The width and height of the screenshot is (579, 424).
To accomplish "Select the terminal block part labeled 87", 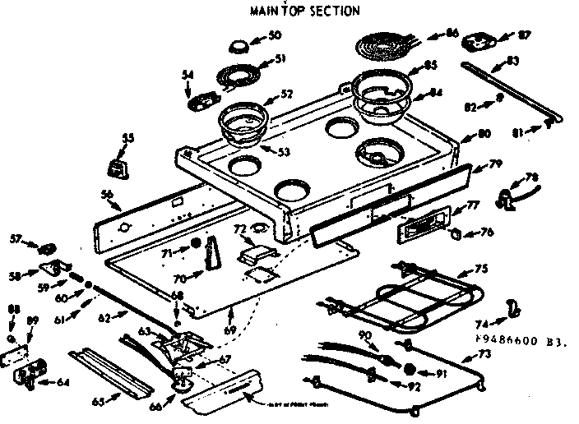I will (476, 40).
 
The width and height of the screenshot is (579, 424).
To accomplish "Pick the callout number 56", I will (107, 194).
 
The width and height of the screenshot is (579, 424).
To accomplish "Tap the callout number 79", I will (495, 164).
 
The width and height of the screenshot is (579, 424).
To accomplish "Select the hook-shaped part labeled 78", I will (507, 194).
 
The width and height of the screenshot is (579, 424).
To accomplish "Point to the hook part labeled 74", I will (513, 308).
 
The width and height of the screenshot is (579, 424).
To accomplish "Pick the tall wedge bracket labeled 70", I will (212, 251).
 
